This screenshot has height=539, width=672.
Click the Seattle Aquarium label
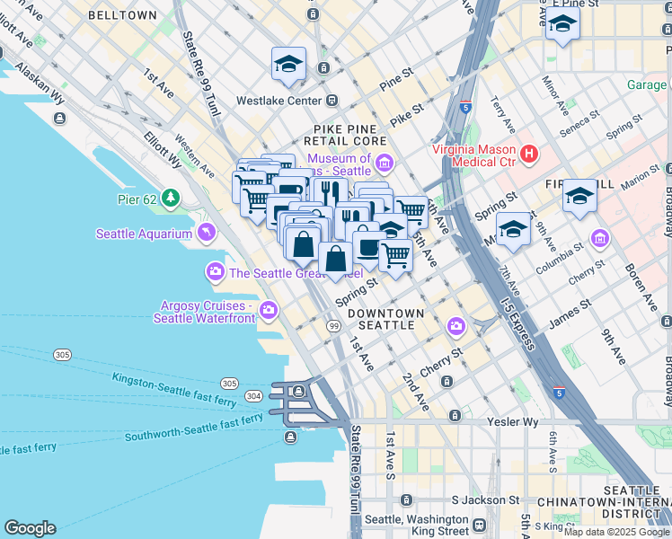[144, 234]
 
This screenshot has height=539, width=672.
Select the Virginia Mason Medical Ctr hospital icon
[528, 155]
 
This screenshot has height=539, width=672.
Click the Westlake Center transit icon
[332, 101]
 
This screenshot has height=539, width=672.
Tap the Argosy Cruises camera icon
[269, 312]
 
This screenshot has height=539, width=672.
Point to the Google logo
[30, 528]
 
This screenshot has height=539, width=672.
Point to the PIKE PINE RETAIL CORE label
[350, 135]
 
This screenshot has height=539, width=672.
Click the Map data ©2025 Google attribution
[616, 531]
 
